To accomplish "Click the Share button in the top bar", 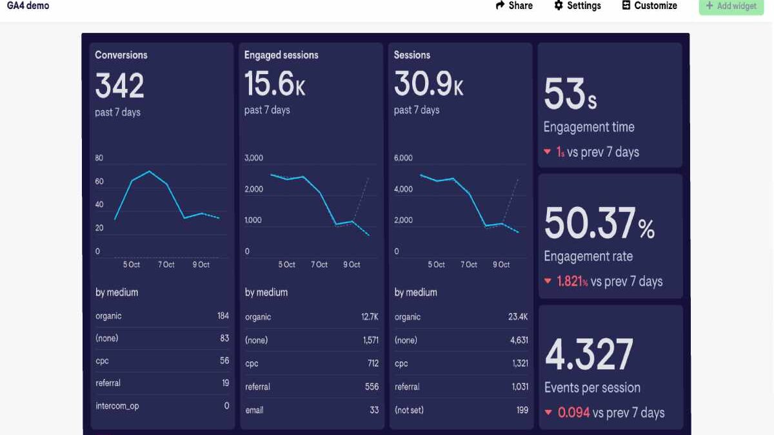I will click(x=514, y=6).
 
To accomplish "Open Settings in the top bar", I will click(x=577, y=6).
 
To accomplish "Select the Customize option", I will click(x=650, y=6).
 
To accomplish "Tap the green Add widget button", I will click(x=731, y=6).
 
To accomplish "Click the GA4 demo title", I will click(x=28, y=6).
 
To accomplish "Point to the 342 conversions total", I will click(x=119, y=86).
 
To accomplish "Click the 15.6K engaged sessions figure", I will click(x=274, y=84).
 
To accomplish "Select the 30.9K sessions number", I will click(x=428, y=84).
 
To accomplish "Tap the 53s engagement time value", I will click(x=570, y=95).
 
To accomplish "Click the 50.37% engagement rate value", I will click(x=599, y=224).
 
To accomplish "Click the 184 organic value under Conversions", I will click(x=223, y=316).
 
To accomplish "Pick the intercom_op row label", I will click(x=117, y=406).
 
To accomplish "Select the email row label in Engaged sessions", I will click(x=254, y=410).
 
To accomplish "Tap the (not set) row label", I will click(x=409, y=410).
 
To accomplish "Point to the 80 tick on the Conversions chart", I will click(x=99, y=158).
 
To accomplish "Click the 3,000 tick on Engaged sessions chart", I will click(x=253, y=158).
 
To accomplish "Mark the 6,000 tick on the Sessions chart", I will click(x=403, y=158).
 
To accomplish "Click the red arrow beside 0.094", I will click(x=548, y=412).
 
